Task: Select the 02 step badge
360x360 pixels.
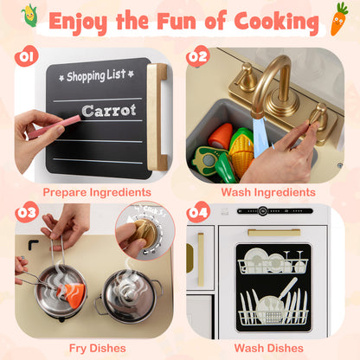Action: click(197, 57)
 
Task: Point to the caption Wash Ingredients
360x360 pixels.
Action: click(265, 191)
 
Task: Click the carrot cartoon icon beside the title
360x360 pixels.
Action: click(338, 18)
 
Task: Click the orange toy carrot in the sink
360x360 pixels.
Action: click(222, 136)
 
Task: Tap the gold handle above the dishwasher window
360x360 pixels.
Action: click(273, 232)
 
